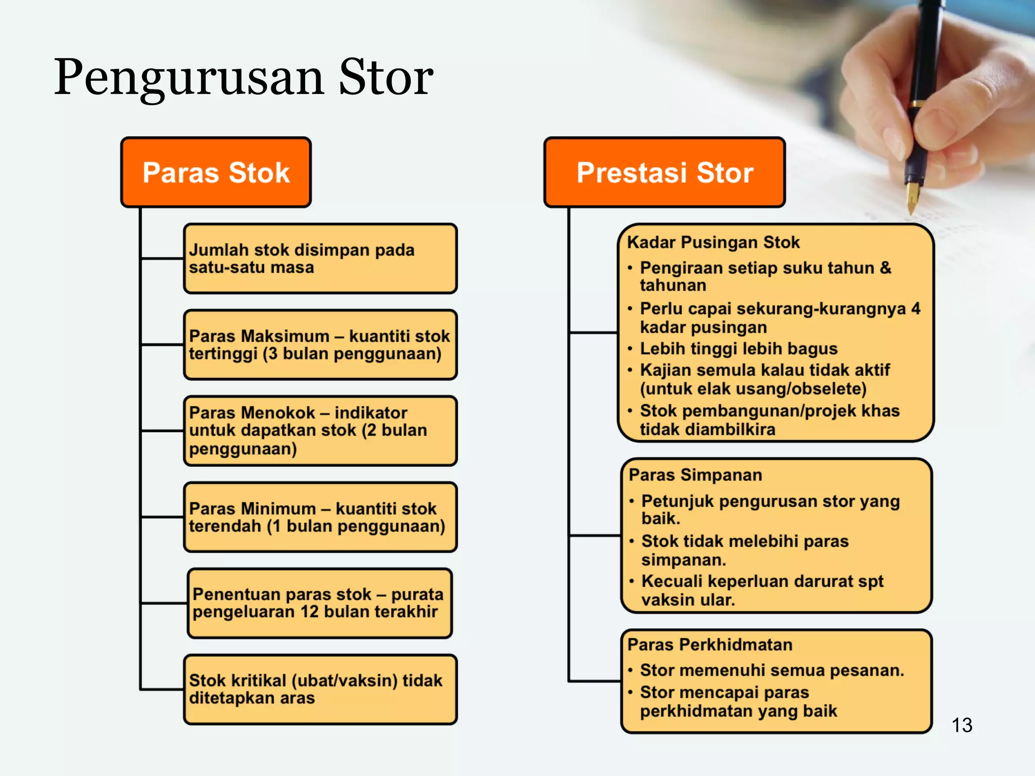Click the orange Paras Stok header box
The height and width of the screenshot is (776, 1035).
click(216, 173)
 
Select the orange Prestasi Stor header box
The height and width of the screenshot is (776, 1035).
click(665, 173)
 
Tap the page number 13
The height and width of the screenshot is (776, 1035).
click(962, 725)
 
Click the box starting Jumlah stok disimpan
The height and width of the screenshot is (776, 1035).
click(320, 259)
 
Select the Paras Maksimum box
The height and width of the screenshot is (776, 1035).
click(320, 345)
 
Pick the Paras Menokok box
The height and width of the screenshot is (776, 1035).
click(320, 431)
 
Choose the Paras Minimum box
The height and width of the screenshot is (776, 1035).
click(320, 517)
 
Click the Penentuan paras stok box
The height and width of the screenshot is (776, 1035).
click(320, 603)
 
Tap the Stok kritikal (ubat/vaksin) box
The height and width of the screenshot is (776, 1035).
click(320, 690)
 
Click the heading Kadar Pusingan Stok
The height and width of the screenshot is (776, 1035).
click(713, 243)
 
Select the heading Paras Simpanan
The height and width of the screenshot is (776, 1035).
click(695, 475)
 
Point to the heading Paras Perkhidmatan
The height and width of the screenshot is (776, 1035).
click(710, 645)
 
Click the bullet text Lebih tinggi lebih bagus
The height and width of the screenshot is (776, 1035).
click(738, 349)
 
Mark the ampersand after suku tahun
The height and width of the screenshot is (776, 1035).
click(885, 268)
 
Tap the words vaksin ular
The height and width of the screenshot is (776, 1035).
click(688, 600)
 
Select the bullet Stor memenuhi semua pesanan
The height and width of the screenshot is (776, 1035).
click(772, 670)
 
